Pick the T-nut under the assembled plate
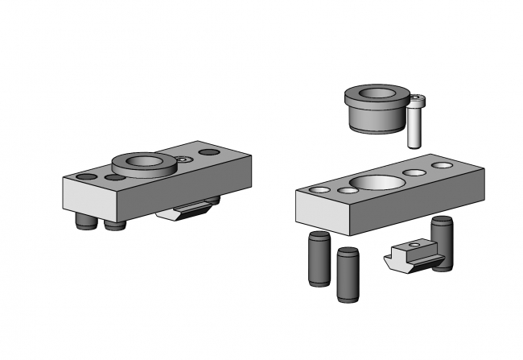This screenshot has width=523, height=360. tap(191, 211)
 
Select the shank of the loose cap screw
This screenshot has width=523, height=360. tap(413, 127)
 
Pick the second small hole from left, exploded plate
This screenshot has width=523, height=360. tap(347, 191)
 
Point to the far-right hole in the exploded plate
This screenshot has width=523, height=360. tap(442, 165)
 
